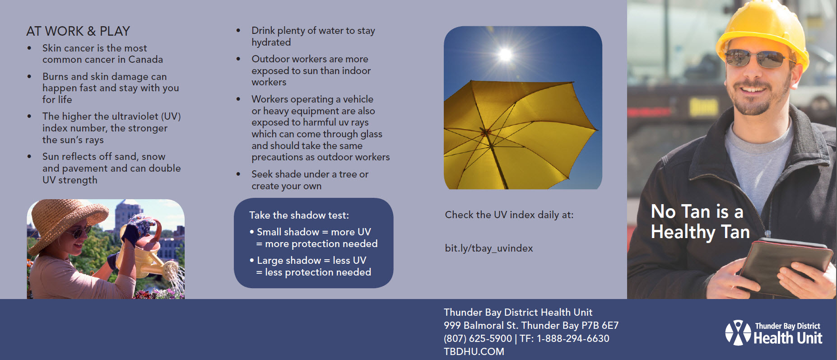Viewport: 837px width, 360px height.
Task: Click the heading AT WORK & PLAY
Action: coord(78,31)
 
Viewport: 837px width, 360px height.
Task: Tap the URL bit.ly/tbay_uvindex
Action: coord(488,248)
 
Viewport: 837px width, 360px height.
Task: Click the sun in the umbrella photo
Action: coord(505,55)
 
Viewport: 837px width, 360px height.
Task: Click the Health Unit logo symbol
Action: coord(738,333)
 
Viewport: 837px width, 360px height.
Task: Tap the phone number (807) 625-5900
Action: coord(478,338)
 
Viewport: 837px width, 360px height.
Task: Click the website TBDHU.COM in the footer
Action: coord(474,351)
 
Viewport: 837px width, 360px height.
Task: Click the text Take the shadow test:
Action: coord(299,215)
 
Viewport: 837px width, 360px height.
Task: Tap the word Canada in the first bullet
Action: coord(145,60)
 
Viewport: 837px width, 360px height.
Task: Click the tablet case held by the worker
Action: coord(786,266)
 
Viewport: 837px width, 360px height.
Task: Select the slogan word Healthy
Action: coord(683,232)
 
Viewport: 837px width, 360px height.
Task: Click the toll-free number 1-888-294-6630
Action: coord(572,338)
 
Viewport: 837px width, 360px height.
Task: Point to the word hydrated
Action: coord(271,42)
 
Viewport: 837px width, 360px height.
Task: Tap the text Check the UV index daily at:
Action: coord(509,215)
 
